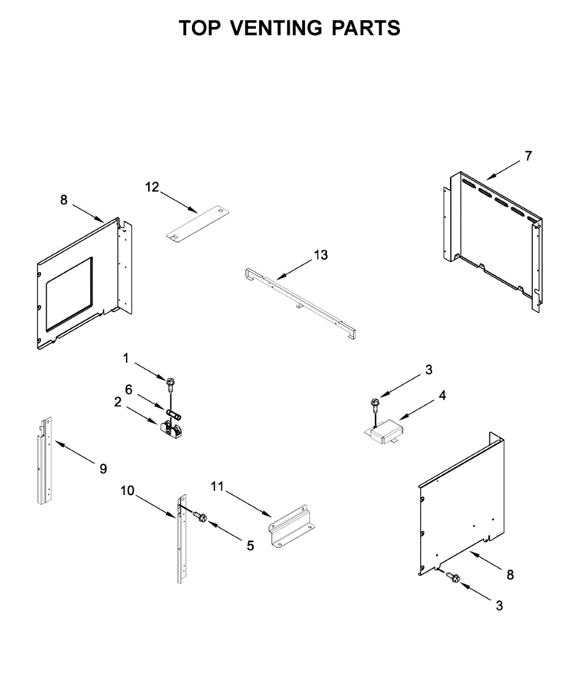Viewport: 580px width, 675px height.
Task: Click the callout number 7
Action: point(528,156)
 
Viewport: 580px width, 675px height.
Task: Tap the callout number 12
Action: point(152,187)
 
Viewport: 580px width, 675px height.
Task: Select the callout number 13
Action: point(321,255)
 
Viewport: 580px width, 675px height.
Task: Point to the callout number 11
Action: point(217,487)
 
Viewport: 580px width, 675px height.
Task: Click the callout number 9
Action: point(103,468)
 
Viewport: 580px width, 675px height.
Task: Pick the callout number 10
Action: point(127,490)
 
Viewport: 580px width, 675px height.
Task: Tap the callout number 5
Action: point(250,545)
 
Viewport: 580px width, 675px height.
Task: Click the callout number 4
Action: point(442,396)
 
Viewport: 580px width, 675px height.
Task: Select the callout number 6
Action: point(128,389)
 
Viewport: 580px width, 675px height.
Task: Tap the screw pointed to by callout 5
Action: point(200,516)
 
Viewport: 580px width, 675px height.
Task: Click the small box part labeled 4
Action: point(389,432)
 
